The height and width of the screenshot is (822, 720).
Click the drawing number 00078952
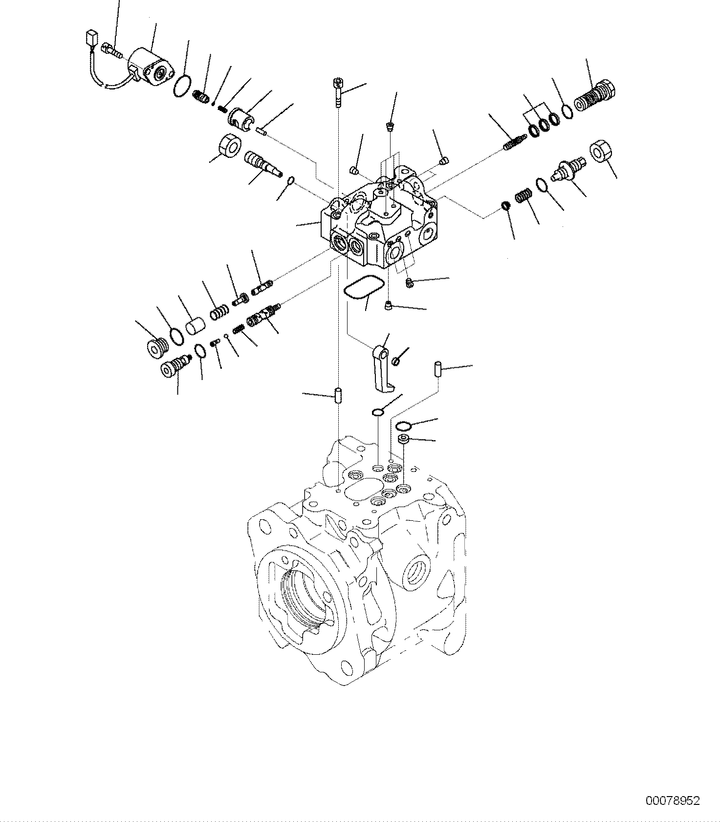(x=673, y=801)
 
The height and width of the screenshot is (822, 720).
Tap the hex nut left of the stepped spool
(x=229, y=146)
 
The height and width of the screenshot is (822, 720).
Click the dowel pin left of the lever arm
(x=337, y=396)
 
